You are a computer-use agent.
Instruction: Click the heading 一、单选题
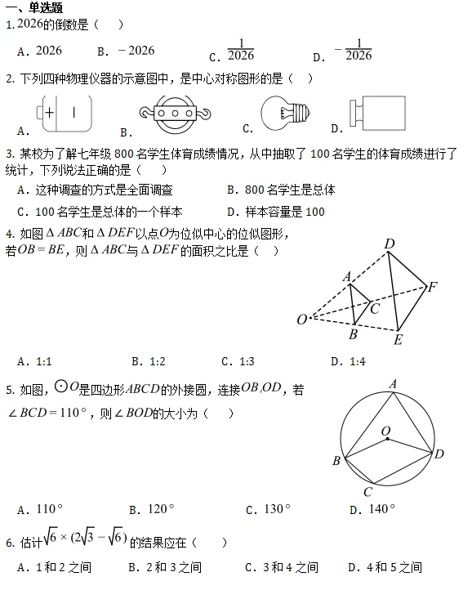[34, 7]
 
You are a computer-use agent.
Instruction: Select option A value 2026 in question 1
[49, 51]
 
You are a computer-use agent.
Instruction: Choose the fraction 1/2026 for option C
[241, 51]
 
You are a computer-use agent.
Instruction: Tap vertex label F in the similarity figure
[433, 287]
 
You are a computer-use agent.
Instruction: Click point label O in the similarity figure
[301, 319]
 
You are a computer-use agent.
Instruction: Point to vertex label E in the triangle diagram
[398, 340]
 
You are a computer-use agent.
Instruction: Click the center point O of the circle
[386, 439]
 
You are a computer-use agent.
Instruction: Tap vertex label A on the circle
[393, 383]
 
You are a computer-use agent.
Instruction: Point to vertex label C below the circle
[367, 491]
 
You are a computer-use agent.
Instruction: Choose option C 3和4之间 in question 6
[290, 566]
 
